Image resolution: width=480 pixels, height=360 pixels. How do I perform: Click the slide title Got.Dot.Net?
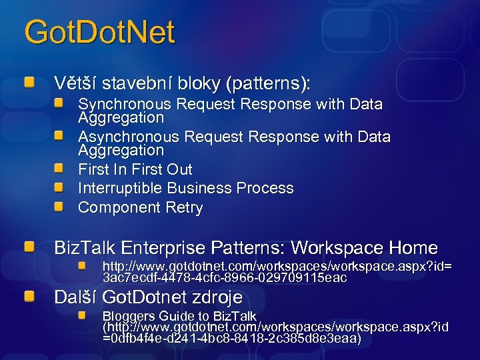[x=99, y=33]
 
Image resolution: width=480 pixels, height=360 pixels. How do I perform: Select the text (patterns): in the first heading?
[x=268, y=84]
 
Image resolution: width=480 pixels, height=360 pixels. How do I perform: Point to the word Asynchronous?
[x=129, y=137]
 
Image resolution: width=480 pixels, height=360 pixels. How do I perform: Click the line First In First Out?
[x=135, y=169]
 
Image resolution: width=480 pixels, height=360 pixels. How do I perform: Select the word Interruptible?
[x=120, y=188]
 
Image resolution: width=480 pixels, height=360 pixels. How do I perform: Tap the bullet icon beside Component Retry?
[x=59, y=207]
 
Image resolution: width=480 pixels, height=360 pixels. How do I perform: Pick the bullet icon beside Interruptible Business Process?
[x=59, y=187]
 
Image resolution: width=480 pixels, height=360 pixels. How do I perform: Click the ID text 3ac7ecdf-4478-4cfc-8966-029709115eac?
[x=224, y=278]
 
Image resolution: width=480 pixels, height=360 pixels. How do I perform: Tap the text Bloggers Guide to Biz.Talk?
[x=179, y=316]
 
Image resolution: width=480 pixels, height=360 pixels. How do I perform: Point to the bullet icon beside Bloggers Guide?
[x=81, y=314]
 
